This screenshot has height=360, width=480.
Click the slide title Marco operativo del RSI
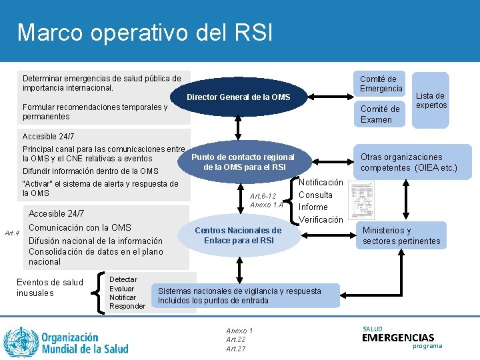[x=145, y=32]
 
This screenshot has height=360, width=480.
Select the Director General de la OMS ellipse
[x=238, y=97]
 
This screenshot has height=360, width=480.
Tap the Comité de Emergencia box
[x=381, y=84]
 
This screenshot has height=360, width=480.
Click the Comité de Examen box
[x=380, y=114]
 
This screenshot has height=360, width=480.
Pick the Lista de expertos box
[x=431, y=100]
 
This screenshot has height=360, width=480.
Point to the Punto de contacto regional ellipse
[x=243, y=162]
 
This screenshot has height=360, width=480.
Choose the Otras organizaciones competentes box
[x=409, y=162]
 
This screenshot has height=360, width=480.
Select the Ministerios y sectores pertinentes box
[x=401, y=235]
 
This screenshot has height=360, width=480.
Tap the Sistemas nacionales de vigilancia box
[x=239, y=295]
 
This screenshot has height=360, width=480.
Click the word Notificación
[x=321, y=182]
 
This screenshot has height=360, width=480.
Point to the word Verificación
[x=321, y=219]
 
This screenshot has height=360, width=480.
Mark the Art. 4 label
[x=12, y=233]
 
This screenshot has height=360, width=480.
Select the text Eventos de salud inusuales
[x=49, y=287]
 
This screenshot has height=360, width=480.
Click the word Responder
[x=127, y=306]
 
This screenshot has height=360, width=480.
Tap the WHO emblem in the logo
[x=21, y=340]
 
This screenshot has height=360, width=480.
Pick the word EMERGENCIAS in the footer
[x=398, y=338]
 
